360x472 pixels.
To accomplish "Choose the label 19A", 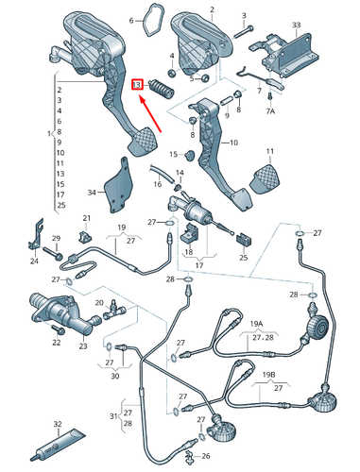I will (x=257, y=322).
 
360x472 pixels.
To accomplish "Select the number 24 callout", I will (x=35, y=261).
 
